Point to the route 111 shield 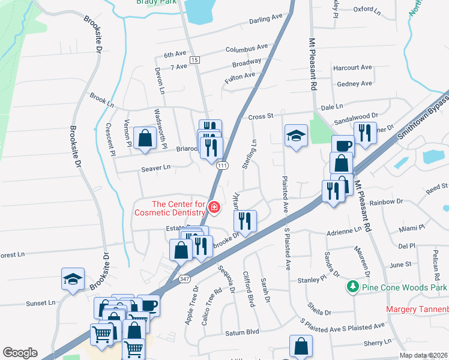click(x=223, y=166)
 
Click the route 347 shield click(x=185, y=280)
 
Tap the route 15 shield click(x=194, y=60)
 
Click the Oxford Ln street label click(x=367, y=10)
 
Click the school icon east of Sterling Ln click(x=296, y=136)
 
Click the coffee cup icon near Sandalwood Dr click(x=343, y=146)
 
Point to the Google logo click(x=20, y=353)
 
